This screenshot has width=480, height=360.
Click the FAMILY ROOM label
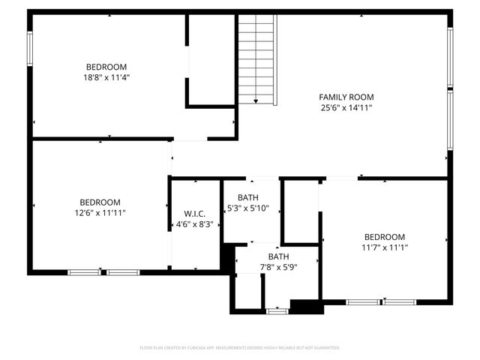tap(346, 97)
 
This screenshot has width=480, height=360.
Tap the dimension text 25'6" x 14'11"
tap(346, 107)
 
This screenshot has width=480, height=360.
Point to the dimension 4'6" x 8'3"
tap(194, 223)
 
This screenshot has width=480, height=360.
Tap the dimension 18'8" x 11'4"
tap(106, 76)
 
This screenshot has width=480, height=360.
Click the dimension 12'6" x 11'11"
tap(100, 213)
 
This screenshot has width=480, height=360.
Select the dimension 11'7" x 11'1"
tap(385, 247)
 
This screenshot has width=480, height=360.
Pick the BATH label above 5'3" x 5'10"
tap(248, 197)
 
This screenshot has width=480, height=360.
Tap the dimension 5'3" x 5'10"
tap(248, 208)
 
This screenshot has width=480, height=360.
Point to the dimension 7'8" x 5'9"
tap(278, 266)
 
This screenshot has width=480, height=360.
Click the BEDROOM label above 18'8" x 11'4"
tap(106, 66)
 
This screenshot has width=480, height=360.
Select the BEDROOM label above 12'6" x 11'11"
tap(100, 202)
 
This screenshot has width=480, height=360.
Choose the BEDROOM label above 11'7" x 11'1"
tap(385, 236)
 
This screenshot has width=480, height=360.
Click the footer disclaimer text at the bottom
tap(240, 348)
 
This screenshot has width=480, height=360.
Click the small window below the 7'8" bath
tap(277, 310)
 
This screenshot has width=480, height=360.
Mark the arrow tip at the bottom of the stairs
tap(256, 102)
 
